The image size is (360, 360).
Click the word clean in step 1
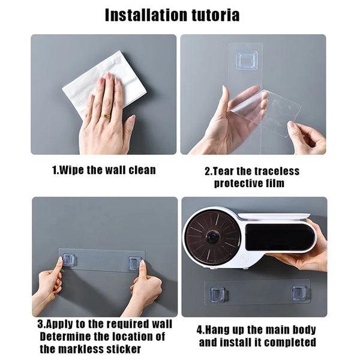140,170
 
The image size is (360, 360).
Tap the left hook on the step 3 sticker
68,260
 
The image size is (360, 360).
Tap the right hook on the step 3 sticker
134,262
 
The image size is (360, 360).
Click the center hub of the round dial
213,236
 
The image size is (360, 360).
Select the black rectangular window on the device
280,237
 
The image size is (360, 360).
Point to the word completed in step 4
289,343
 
